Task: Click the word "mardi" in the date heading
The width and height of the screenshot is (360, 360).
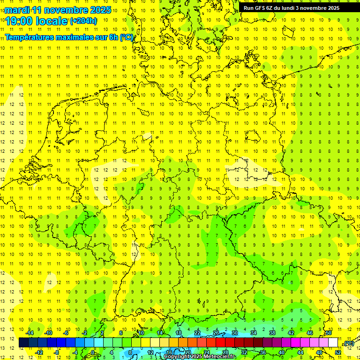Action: pyautogui.click(x=17, y=10)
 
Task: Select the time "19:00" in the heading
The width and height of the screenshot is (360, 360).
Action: pyautogui.click(x=20, y=21)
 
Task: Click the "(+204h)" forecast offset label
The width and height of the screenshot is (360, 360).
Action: pyautogui.click(x=83, y=21)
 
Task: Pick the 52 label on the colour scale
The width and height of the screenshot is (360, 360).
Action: pyautogui.click(x=338, y=352)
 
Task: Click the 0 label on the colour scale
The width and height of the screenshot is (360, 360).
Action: pyautogui.click(x=93, y=352)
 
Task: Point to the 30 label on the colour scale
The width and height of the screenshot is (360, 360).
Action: pyautogui.click(x=235, y=333)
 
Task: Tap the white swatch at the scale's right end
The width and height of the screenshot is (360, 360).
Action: pyautogui.click(x=333, y=343)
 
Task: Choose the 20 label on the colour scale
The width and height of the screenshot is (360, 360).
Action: pyautogui.click(x=187, y=352)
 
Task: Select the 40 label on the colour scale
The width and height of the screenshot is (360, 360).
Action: pyautogui.click(x=282, y=352)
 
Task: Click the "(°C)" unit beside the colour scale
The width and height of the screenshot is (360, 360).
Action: pyautogui.click(x=349, y=344)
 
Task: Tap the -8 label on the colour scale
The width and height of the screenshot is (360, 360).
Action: pyautogui.click(x=56, y=352)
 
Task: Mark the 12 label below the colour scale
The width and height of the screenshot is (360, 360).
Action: pyautogui.click(x=150, y=352)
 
